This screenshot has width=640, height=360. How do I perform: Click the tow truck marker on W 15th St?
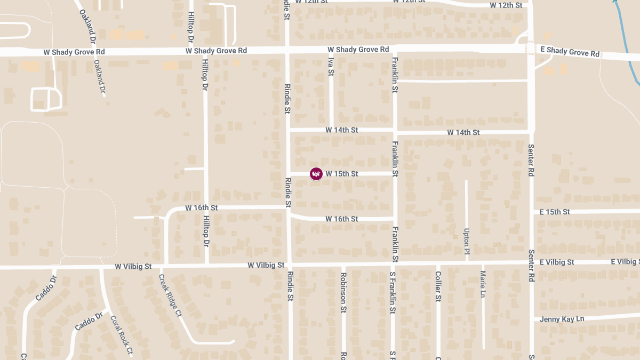tap(316, 174)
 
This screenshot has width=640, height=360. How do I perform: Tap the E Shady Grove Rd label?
tap(570, 52)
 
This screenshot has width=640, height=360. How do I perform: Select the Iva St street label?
tap(331, 67)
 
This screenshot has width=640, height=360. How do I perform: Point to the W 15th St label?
tap(342, 174)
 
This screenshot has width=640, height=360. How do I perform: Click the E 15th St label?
tap(555, 212)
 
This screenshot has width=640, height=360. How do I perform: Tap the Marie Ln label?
tap(483, 284)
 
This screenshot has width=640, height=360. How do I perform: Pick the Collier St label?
tap(438, 286)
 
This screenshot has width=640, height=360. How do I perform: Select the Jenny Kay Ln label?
tap(562, 319)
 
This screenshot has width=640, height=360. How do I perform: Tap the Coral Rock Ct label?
tap(121, 335)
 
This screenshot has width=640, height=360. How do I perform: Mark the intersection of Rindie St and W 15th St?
tap(288, 174)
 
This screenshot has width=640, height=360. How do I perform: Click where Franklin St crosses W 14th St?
tap(395, 131)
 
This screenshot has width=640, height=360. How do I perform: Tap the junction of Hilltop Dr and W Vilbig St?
tap(206, 265)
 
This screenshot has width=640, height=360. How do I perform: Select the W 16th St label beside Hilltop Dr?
tap(201, 207)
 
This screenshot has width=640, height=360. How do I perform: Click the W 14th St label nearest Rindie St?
tap(342, 130)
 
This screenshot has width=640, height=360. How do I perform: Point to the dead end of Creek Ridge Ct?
tap(233, 341)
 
